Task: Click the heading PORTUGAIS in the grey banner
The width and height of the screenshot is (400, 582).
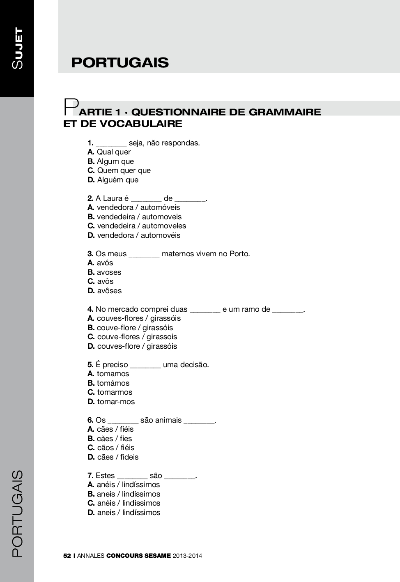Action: pyautogui.click(x=120, y=62)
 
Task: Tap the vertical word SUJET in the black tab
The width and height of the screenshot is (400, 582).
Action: pyautogui.click(x=18, y=48)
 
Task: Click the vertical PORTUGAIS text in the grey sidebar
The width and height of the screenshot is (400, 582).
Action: pyautogui.click(x=17, y=513)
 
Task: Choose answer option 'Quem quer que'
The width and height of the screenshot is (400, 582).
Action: pyautogui.click(x=124, y=170)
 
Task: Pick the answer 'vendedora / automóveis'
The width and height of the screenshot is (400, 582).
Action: pyautogui.click(x=138, y=207)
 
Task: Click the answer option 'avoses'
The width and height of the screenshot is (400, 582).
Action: pyautogui.click(x=109, y=272)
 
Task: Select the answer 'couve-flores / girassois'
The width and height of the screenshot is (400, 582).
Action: pyautogui.click(x=137, y=337)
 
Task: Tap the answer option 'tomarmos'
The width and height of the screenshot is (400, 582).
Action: pyautogui.click(x=115, y=392)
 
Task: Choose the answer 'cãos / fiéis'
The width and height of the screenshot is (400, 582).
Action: pyautogui.click(x=115, y=448)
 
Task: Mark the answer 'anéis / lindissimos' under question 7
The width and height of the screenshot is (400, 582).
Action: pyautogui.click(x=129, y=503)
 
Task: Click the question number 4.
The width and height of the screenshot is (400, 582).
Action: pyautogui.click(x=90, y=309)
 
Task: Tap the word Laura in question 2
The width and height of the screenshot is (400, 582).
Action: pyautogui.click(x=113, y=198)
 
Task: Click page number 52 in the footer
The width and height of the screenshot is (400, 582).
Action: pyautogui.click(x=67, y=556)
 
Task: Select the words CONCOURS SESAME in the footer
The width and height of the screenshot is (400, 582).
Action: pyautogui.click(x=138, y=556)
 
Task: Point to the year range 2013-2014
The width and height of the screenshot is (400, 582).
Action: pyautogui.click(x=187, y=556)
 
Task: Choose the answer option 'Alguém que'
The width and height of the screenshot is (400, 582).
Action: pyautogui.click(x=117, y=180)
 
